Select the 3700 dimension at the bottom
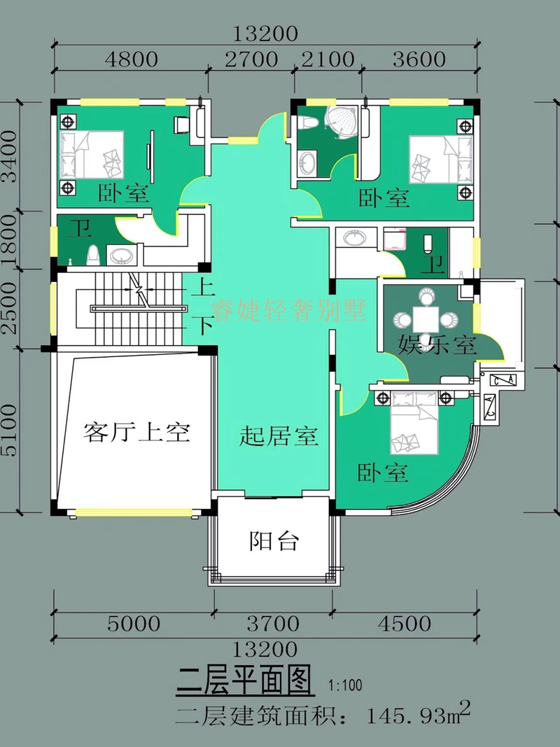(x=273, y=622)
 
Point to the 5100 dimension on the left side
(x=9, y=429)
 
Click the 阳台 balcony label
(x=274, y=541)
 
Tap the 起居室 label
(x=279, y=437)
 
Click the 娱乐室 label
(x=437, y=344)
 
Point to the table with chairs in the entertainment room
(x=426, y=319)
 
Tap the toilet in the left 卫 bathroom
(x=90, y=255)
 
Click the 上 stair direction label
(x=206, y=286)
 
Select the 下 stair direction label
(x=206, y=325)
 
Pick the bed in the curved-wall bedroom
(x=413, y=424)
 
